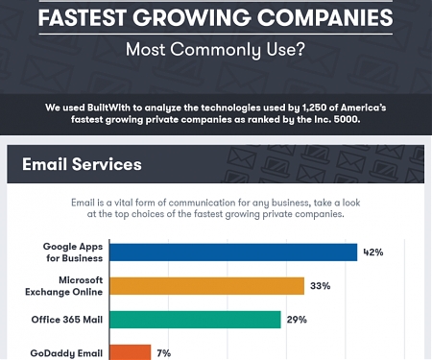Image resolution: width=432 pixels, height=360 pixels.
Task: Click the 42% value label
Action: [x=372, y=252]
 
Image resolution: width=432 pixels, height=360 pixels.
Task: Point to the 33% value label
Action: [x=320, y=286]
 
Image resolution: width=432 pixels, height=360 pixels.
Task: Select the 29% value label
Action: [x=296, y=320]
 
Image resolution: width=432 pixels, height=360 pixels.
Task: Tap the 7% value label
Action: [x=164, y=352]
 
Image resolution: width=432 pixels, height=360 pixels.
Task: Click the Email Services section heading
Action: [x=82, y=164]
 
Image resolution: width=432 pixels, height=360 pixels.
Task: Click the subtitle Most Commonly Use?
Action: [x=216, y=49]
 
